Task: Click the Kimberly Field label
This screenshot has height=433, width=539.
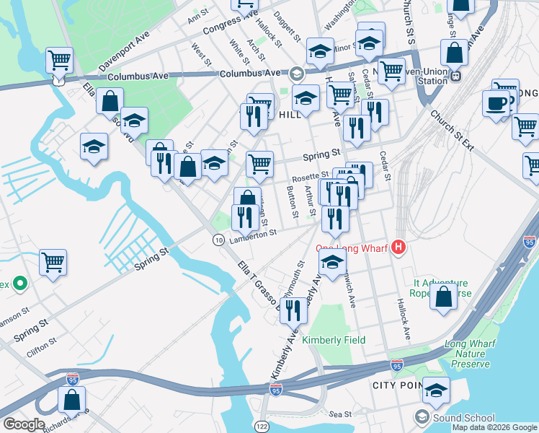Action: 334,340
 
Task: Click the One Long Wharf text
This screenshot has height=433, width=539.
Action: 350,249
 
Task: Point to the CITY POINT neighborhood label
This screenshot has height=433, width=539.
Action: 396,385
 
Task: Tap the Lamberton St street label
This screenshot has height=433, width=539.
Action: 253,233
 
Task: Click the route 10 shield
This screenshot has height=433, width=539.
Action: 218,239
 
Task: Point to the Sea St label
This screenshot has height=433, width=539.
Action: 340,414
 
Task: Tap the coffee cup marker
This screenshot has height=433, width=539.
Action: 496,102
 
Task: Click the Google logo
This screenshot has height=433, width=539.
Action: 24,424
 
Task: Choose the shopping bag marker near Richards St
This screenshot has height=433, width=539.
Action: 72,401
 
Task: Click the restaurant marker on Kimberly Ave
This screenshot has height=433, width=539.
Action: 293,311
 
